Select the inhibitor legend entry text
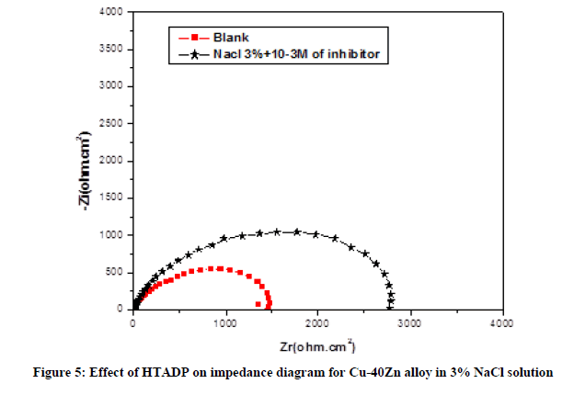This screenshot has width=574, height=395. point(295,54)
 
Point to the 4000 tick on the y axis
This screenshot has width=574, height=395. point(115,12)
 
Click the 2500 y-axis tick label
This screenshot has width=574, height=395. point(115,124)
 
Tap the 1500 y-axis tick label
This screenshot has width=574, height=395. point(115,198)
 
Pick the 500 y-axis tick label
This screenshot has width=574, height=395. point(118,273)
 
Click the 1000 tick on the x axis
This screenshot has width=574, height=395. point(225,323)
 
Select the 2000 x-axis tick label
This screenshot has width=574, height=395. point(317,323)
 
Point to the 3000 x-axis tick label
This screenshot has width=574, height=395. point(409,323)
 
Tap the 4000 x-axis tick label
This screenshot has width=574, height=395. point(501,323)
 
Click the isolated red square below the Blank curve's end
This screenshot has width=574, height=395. point(258,303)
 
